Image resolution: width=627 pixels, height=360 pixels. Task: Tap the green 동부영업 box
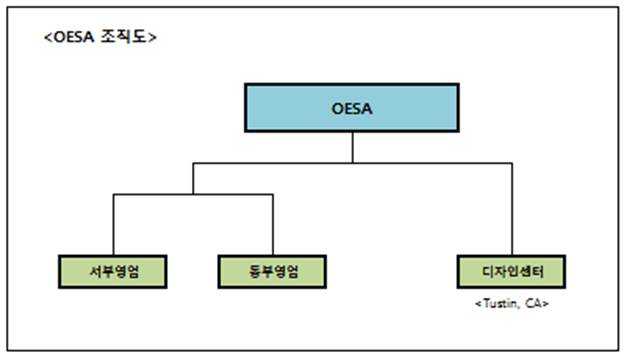pyautogui.click(x=273, y=271)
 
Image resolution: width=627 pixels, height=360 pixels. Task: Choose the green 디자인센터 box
pyautogui.click(x=510, y=271)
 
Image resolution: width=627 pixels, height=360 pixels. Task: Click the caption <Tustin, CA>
pyautogui.click(x=510, y=302)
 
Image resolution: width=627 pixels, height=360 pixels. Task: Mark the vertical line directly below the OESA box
pyautogui.click(x=353, y=146)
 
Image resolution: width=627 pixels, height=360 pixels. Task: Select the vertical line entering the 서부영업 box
pyautogui.click(x=112, y=225)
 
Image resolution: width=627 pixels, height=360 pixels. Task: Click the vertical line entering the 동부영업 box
pyautogui.click(x=273, y=225)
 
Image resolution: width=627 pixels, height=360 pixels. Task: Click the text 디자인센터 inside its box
pyautogui.click(x=510, y=271)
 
